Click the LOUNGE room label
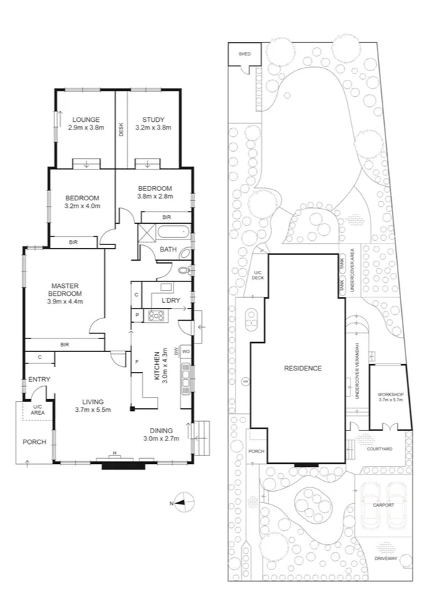85,119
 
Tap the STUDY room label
153,119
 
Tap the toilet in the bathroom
186,270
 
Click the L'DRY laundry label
170,301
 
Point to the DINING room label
162,430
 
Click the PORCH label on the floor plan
34,442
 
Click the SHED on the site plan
245,53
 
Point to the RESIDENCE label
303,368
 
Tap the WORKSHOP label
390,394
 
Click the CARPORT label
383,505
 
